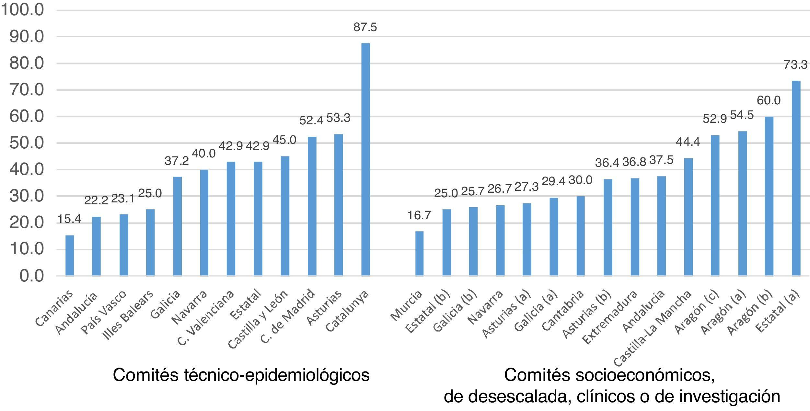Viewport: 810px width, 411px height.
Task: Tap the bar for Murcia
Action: tap(419, 253)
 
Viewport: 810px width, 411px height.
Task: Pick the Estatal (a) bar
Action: tap(796, 178)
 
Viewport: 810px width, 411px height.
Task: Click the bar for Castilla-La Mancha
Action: tap(688, 217)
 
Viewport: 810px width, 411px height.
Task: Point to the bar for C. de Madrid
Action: tap(312, 206)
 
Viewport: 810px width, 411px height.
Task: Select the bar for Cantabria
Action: tap(581, 236)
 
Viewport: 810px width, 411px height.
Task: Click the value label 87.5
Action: tap(365, 27)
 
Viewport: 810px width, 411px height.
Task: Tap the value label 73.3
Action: tap(796, 65)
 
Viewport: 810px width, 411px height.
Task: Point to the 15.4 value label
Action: tap(69, 219)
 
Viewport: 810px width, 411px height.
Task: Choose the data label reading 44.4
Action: tap(688, 142)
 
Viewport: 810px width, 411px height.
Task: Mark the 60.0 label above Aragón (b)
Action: tap(769, 101)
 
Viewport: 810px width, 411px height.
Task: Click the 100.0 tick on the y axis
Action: tap(22, 10)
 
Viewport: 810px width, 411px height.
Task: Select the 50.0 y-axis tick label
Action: tap(27, 143)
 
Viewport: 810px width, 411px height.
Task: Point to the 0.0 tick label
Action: tap(31, 276)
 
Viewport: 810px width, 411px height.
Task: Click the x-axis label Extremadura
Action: tap(610, 317)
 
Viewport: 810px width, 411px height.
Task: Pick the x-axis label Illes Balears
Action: tap(128, 315)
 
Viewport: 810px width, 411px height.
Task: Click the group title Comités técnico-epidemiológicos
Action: tap(241, 375)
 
